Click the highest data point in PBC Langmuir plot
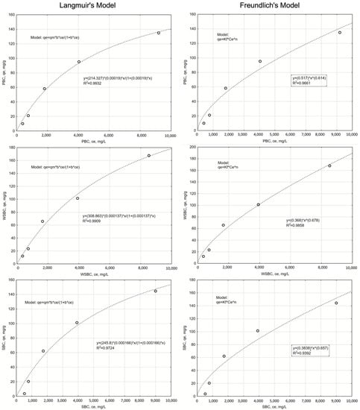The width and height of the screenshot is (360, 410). (x=158, y=33)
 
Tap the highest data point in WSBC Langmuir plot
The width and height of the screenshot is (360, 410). (x=148, y=156)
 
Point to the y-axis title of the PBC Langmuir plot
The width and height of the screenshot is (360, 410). (x=4, y=73)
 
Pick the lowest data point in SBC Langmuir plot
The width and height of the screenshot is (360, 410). (x=24, y=394)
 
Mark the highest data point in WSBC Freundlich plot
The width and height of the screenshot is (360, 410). (x=329, y=165)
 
